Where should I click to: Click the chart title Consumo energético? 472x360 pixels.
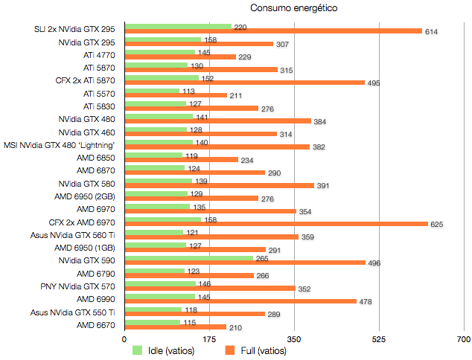point(294,8)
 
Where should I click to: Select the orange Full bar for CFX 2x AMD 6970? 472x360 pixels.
point(276,223)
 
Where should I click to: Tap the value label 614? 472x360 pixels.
point(431,32)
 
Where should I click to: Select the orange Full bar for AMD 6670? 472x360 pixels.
point(175,327)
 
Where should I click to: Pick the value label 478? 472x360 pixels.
point(366,301)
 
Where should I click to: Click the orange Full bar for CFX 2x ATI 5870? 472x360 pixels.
point(244,82)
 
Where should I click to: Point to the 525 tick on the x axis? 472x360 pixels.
point(379,339)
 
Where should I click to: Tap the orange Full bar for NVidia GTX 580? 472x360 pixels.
point(219,184)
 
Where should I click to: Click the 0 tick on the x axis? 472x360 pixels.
point(124,339)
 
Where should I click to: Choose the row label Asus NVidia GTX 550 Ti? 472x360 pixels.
point(72,312)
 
